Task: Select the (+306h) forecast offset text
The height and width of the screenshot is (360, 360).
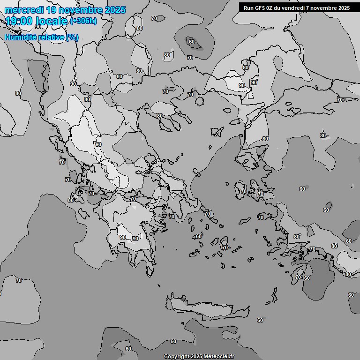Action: pos(83,21)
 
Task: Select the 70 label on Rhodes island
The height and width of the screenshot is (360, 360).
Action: pos(298,277)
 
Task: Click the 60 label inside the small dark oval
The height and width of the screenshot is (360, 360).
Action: pos(192,42)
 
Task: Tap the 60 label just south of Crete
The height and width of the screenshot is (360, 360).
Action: pos(260,320)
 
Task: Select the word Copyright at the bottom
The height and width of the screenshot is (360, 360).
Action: pos(176,357)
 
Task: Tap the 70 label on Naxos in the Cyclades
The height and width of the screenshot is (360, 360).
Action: pos(225,247)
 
